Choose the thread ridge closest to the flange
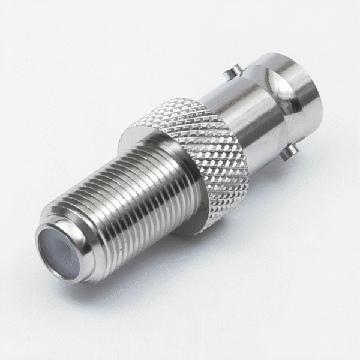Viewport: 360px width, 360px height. click(x=171, y=180)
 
